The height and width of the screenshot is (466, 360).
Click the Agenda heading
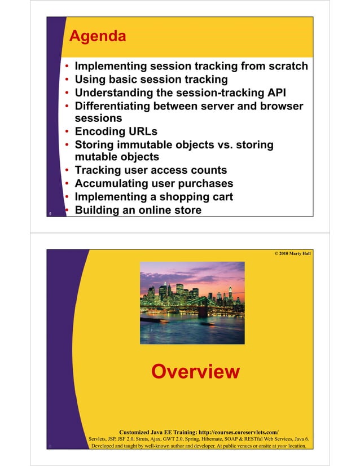pos(97,37)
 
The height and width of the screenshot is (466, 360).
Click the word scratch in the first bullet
pos(287,66)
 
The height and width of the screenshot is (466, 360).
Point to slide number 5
pos(50,214)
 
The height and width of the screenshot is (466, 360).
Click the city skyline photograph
pos(192,298)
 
